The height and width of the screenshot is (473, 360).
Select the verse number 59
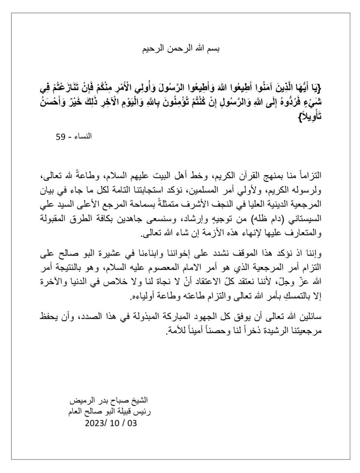pos(61,136)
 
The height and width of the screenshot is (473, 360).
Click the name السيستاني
pos(302,218)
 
